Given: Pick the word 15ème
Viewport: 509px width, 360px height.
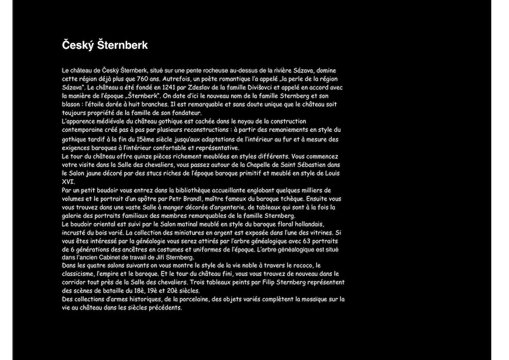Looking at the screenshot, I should pos(145,139).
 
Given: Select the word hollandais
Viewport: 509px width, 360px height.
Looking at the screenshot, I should pos(306,225).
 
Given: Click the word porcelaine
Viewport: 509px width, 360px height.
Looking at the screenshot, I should pos(194,299).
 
